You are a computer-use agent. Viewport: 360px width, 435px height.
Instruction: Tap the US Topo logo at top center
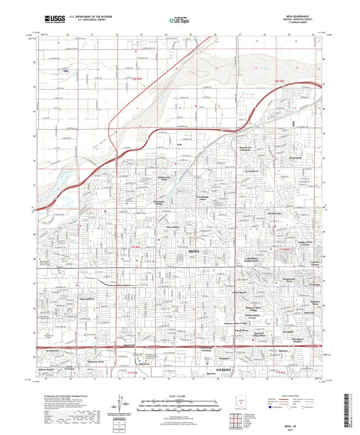tap(177, 20)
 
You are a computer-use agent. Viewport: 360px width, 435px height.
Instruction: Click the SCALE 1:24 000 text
tap(180, 395)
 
